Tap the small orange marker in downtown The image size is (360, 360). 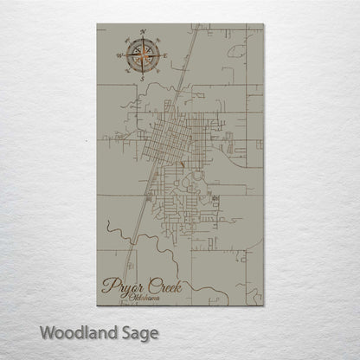click(183, 162)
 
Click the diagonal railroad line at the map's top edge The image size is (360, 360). click(196, 29)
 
